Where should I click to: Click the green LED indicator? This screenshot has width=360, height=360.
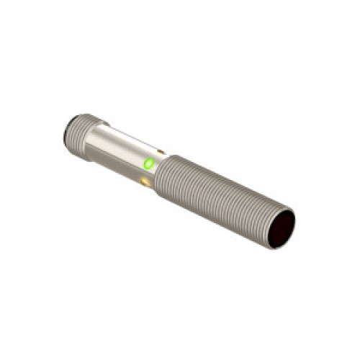[149, 164]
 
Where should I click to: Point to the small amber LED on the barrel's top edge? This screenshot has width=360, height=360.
[161, 152]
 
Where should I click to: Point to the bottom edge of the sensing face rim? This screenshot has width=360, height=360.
[276, 247]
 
